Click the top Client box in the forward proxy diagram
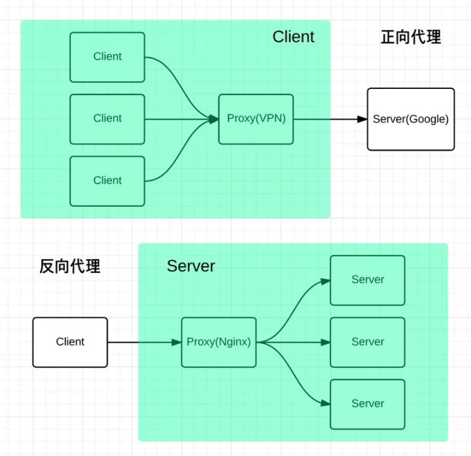click(107, 56)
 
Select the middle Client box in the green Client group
click(107, 118)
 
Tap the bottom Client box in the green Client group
click(107, 181)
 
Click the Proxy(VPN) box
click(256, 118)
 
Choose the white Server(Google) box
click(411, 119)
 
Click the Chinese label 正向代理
click(411, 37)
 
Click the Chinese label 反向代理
click(70, 266)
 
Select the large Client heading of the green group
click(293, 37)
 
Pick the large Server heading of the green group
click(190, 266)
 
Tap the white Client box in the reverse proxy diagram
click(70, 342)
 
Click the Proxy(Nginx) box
click(219, 342)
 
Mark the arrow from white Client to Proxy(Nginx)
click(144, 342)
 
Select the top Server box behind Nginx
click(368, 280)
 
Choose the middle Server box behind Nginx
click(368, 342)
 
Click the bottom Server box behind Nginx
click(368, 404)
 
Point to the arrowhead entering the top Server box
click(324, 281)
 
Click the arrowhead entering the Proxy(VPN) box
click(213, 119)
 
